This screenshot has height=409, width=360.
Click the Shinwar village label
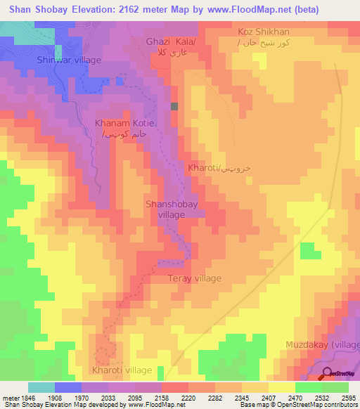click(69, 60)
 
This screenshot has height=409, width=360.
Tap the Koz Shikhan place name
click(264, 32)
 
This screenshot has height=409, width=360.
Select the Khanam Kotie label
click(124, 123)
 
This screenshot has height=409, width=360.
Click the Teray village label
click(194, 278)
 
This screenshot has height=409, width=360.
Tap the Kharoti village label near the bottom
click(122, 370)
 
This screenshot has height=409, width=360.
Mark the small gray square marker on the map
click(174, 107)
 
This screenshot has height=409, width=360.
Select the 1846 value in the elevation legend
click(27, 398)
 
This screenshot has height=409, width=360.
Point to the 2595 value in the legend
click(348, 398)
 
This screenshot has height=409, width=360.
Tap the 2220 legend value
click(188, 398)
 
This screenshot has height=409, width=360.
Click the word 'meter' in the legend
click(10, 398)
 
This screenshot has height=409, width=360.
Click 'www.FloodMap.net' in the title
click(242, 10)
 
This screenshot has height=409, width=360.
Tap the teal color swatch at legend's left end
click(41, 387)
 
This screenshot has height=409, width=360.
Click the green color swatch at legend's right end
click(335, 387)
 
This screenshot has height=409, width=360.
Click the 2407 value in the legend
click(268, 398)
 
